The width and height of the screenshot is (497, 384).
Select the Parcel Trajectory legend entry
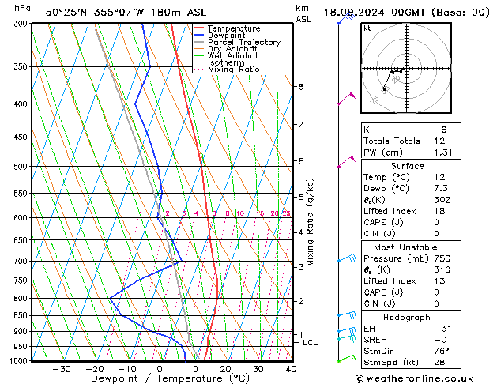click(x=243, y=43)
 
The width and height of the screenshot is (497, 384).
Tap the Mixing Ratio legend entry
click(x=234, y=70)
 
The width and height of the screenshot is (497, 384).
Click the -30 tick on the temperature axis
click(x=62, y=369)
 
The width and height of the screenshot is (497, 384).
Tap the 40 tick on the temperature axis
click(x=291, y=369)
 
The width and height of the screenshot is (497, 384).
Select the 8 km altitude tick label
click(x=301, y=86)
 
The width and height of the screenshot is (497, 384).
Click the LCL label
click(x=310, y=343)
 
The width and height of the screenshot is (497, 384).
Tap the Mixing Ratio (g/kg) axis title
click(x=311, y=222)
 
